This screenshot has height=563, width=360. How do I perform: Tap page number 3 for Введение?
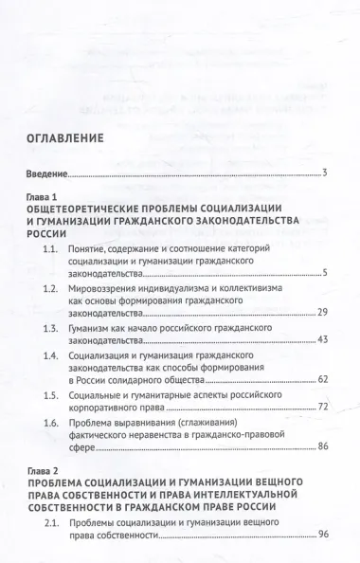click(324, 175)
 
